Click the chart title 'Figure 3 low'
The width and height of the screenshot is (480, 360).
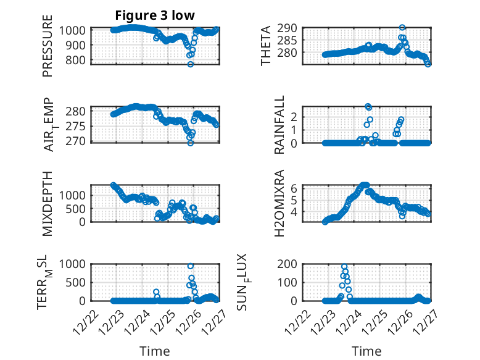(155, 15)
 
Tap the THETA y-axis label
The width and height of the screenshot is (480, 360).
(266, 46)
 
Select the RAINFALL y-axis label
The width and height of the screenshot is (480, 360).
(266, 125)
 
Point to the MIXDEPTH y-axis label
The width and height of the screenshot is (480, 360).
(48, 203)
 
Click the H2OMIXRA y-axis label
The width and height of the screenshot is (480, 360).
(266, 203)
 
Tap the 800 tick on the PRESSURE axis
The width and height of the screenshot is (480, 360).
(75, 61)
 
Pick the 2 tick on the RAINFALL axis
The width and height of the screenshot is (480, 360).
(296, 117)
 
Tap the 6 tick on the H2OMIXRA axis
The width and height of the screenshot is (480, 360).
(296, 188)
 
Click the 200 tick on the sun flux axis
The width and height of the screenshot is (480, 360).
(291, 264)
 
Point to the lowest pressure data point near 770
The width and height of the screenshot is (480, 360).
(191, 64)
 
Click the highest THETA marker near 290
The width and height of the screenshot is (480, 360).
(402, 28)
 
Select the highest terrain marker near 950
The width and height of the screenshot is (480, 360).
(191, 266)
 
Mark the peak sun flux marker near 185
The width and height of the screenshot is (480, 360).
(344, 267)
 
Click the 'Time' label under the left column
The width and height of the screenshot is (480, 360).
(155, 351)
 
